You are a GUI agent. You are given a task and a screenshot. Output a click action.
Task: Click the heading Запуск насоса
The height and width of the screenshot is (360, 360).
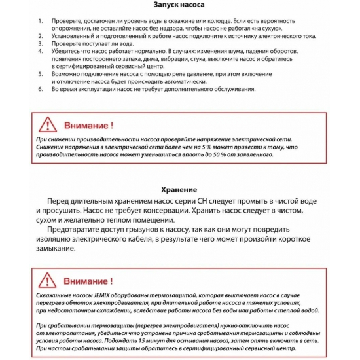point(180,5)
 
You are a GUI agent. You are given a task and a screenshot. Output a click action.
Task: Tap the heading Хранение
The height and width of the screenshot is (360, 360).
point(180,186)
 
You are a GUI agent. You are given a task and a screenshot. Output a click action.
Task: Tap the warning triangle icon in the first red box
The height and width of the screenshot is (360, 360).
point(46,124)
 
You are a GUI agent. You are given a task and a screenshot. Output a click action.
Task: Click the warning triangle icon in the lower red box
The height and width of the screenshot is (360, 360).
point(46,281)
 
